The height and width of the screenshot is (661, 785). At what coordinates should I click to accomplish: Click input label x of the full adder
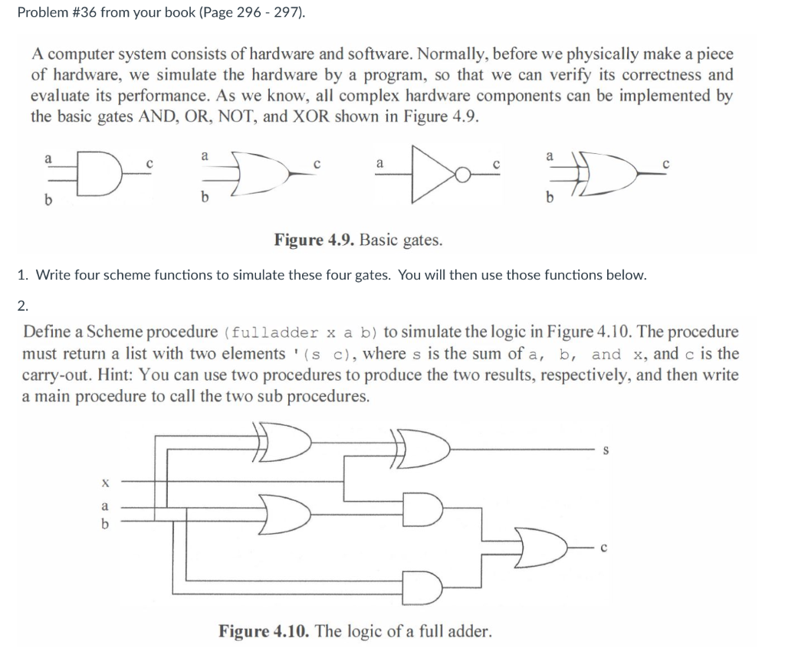(105, 483)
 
